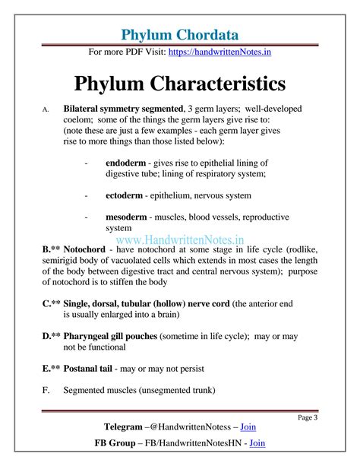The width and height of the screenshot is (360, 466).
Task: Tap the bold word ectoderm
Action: click(128, 195)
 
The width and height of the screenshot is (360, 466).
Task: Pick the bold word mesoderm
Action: click(131, 217)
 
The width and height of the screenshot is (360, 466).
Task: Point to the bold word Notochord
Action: click(85, 249)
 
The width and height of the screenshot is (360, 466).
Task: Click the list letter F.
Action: click(46, 390)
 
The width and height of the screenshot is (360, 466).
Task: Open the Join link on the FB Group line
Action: click(257, 442)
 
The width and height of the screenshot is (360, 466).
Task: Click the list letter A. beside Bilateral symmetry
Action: click(46, 110)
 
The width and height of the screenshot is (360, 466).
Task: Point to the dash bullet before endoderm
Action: click(87, 163)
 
